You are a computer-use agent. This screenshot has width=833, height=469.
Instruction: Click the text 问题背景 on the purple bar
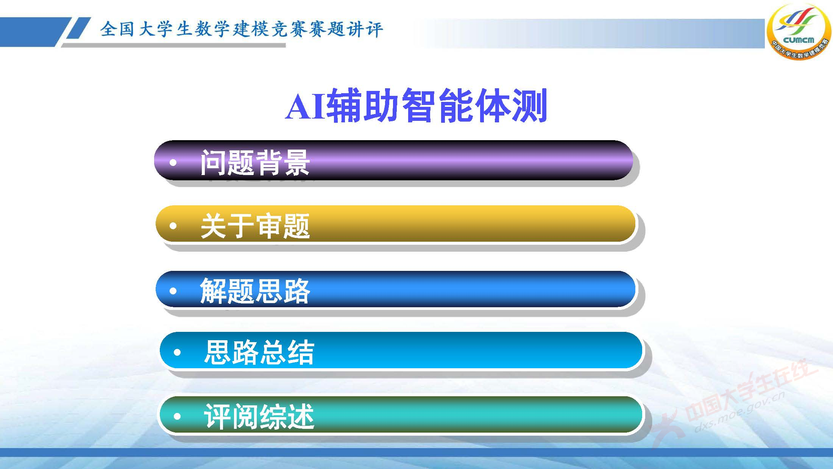point(255,163)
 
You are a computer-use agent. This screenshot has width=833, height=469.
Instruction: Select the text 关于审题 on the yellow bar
point(255,226)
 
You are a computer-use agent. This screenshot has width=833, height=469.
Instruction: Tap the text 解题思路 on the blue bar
point(255,291)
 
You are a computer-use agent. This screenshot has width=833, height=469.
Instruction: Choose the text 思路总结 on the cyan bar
point(259,352)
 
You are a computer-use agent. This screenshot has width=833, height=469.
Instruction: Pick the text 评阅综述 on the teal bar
point(259,416)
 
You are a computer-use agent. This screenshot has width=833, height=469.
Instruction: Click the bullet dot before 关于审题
point(173,226)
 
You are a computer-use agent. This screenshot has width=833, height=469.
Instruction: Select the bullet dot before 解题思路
point(173,291)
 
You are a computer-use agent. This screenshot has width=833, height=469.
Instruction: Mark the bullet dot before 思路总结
point(177,353)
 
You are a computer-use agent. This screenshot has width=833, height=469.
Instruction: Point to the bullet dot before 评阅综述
point(177,416)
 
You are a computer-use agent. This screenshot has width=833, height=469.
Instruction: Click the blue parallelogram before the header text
point(78,28)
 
